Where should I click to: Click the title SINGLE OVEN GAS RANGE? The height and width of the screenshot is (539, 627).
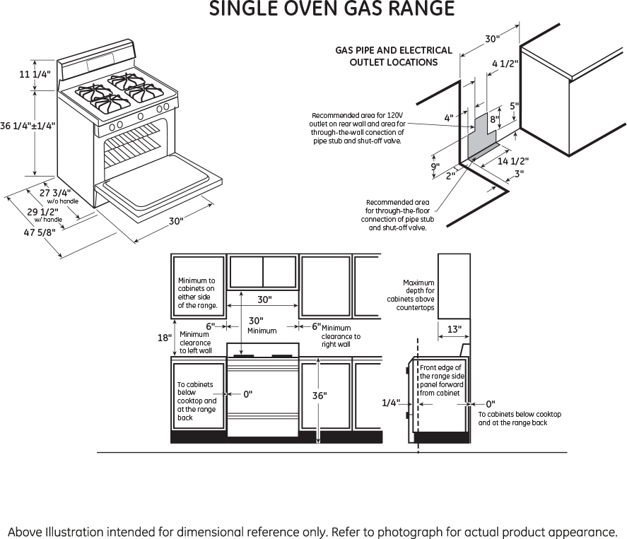pos(331,9)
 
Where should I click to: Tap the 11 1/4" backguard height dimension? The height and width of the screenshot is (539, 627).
pos(35,74)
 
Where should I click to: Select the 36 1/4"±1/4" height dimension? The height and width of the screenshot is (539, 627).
pos(28,126)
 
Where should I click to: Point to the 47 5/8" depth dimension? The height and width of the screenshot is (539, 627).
pos(39,232)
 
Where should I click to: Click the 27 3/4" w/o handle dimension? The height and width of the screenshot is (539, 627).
pos(55,192)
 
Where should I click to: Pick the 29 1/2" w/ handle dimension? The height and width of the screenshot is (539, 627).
pos(42,211)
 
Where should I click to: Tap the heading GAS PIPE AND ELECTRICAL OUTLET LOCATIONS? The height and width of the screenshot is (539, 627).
pos(393,56)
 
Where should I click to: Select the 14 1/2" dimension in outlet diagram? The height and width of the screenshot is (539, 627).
pos(513,161)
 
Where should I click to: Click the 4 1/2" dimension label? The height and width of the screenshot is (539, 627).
pos(505,64)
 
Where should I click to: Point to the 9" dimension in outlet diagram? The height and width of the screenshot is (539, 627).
pos(435,167)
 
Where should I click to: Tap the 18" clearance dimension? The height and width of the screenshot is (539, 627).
pos(163,338)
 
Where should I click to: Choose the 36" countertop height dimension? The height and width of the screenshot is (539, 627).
pos(320,396)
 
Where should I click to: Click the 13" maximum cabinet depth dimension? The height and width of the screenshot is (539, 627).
pos(455,328)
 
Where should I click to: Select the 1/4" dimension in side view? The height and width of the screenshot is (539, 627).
pos(391,403)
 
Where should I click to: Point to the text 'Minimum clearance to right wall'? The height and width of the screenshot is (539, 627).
pos(340,336)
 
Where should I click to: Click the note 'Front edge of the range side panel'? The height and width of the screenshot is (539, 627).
pos(440,380)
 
